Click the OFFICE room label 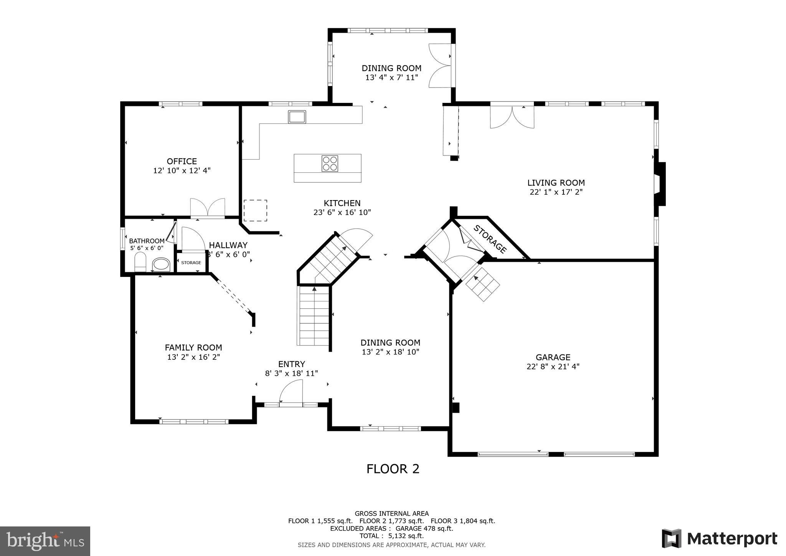[x=182, y=161]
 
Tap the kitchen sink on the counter [x=297, y=117]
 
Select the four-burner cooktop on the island [x=330, y=163]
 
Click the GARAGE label [x=553, y=357]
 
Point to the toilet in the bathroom [x=140, y=262]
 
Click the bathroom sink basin [x=161, y=264]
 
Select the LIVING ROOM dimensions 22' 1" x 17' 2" [x=556, y=192]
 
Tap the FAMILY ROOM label [x=193, y=347]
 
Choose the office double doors [x=208, y=208]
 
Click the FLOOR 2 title [x=393, y=469]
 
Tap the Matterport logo [x=719, y=538]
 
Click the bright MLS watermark [x=45, y=541]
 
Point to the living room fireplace [x=660, y=184]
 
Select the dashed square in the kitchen [x=255, y=210]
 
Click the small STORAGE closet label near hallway [x=191, y=263]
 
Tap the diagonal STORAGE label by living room [x=490, y=239]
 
